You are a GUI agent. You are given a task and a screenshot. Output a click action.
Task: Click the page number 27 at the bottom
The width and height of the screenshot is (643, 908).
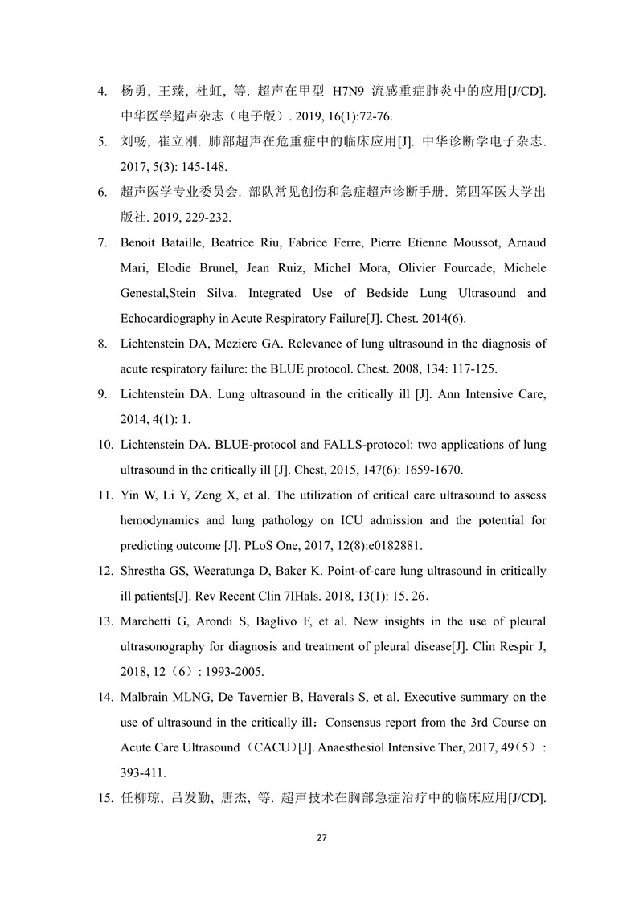click(321, 837)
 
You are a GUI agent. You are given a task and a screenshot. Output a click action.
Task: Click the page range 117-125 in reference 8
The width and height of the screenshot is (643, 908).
click(475, 368)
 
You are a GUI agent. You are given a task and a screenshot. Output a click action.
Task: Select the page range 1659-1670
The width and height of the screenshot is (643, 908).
click(426, 469)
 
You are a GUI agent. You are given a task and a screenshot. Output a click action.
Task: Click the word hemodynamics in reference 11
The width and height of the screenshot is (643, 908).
click(158, 520)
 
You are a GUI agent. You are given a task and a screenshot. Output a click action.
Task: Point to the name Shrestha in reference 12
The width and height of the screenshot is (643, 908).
click(145, 571)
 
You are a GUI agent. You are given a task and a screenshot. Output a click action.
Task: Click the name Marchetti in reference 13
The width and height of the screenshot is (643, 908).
click(148, 621)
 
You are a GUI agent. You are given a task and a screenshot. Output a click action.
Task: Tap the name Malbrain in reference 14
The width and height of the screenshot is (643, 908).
click(145, 697)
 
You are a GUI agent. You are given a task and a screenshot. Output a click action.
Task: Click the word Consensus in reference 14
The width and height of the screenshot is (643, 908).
click(395, 722)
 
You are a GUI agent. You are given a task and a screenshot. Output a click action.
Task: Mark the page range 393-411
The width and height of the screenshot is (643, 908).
click(144, 772)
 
